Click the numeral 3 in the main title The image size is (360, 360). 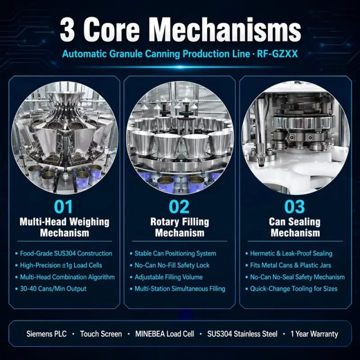click(x=67, y=30)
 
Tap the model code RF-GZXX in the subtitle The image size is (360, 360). click(x=277, y=54)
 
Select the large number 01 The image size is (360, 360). click(x=64, y=206)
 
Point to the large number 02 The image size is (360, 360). click(x=179, y=206)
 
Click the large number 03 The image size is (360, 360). click(x=295, y=206)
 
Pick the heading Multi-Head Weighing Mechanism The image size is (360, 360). click(x=65, y=227)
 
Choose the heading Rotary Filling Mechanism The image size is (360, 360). click(x=180, y=227)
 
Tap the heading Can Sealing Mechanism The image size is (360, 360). click(x=295, y=227)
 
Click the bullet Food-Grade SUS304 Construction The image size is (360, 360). click(x=66, y=254)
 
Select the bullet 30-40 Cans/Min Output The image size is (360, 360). click(x=53, y=289)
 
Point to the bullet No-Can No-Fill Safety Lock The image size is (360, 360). click(x=172, y=265)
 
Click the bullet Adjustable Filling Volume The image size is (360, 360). click(x=169, y=277)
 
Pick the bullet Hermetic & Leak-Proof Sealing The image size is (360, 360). click(x=291, y=254)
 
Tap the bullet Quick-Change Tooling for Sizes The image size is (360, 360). click(x=294, y=289)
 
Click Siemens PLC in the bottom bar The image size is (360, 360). click(x=46, y=334)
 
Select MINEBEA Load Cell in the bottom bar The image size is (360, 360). click(x=165, y=334)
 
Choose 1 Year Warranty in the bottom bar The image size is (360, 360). click(x=314, y=334)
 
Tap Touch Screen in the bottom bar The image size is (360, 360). click(x=101, y=334)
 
